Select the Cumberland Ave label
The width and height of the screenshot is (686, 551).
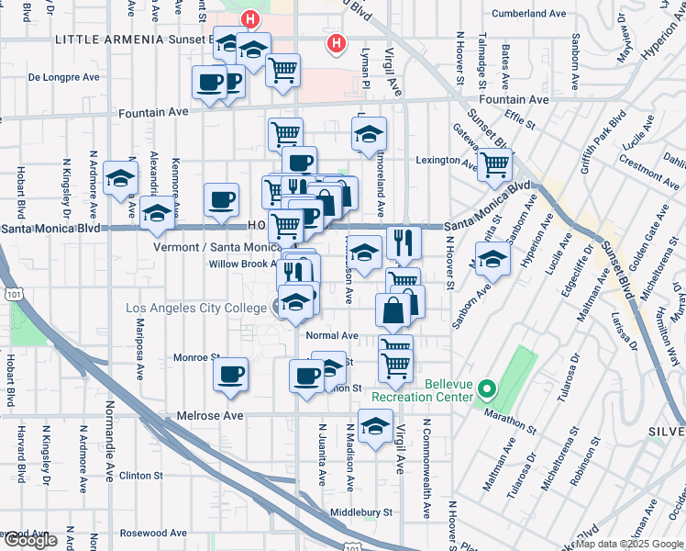tap(529, 14)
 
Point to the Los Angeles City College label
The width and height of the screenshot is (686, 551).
tap(195, 308)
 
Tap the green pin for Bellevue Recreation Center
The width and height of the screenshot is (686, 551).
tap(488, 389)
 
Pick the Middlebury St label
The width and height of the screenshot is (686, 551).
tap(361, 512)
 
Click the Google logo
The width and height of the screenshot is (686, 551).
tap(29, 540)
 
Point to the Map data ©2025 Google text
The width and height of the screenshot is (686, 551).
tap(628, 545)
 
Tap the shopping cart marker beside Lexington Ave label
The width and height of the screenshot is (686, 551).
tap(495, 166)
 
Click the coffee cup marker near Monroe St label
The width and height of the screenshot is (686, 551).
tap(230, 374)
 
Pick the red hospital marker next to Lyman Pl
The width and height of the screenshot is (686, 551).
tap(337, 42)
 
